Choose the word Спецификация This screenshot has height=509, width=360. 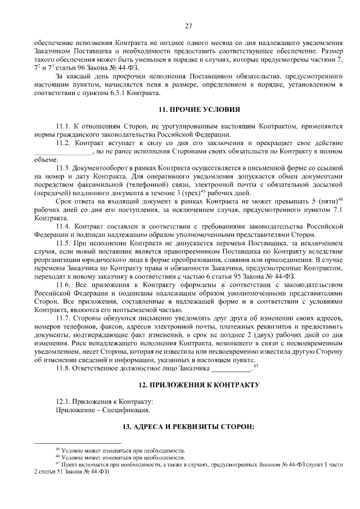[x=118, y=410]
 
